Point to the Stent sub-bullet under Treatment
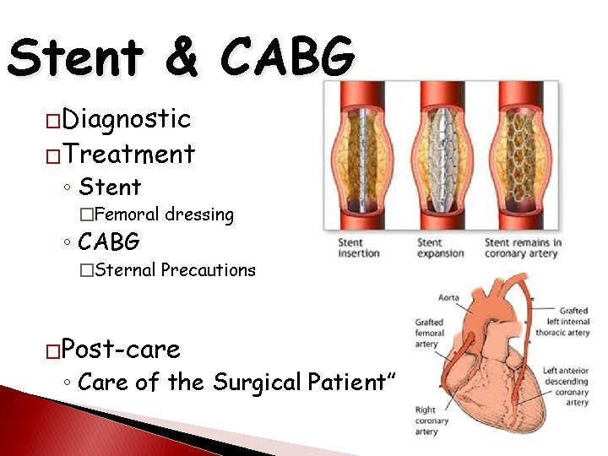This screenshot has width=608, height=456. click(x=109, y=186)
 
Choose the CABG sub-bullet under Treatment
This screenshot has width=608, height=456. click(x=109, y=242)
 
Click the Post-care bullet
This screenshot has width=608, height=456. click(x=122, y=348)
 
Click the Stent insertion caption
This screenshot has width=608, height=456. click(x=359, y=248)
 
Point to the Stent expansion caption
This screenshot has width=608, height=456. click(x=440, y=248)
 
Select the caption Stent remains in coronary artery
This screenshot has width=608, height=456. click(x=523, y=248)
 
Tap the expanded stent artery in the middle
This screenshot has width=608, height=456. click(x=442, y=157)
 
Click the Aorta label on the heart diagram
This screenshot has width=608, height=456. click(x=449, y=297)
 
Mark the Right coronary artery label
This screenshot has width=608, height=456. click(x=426, y=421)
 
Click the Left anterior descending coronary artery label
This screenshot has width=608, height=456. click(x=566, y=387)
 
